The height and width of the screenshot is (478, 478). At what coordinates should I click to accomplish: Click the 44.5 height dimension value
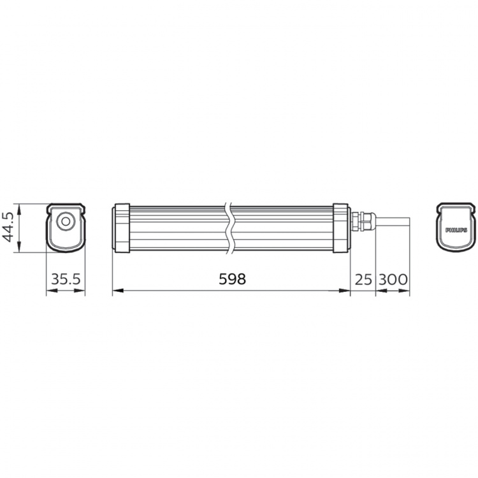tap(9, 228)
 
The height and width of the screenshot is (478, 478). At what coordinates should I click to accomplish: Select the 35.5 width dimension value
tap(66, 279)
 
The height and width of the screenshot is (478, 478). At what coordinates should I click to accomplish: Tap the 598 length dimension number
tap(231, 279)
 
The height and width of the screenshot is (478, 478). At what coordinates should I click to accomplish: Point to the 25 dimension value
tap(363, 279)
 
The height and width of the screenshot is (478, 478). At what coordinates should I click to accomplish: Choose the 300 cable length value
tap(393, 279)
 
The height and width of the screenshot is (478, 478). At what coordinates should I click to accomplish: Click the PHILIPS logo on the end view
tap(456, 228)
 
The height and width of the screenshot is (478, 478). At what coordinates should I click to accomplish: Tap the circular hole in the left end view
tap(65, 222)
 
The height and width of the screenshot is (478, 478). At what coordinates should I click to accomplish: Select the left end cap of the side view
tap(121, 228)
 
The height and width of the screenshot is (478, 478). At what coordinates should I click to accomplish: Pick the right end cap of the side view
tap(341, 228)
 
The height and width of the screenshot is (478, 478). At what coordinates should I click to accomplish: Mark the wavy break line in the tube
tap(231, 228)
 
